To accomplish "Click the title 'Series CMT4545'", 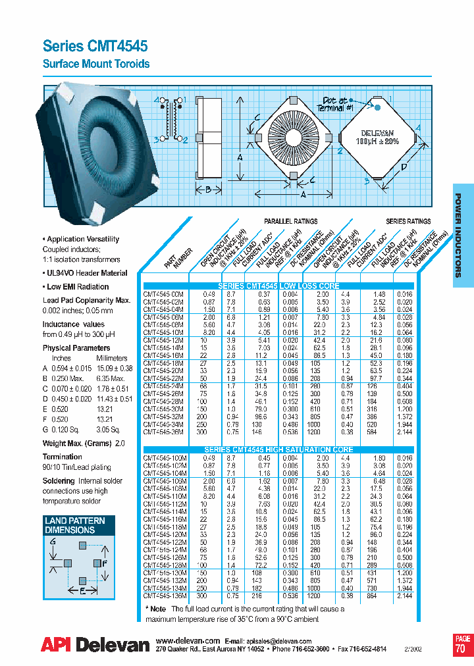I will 95,45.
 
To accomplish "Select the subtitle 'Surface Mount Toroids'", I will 96,64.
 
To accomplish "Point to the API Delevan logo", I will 95,645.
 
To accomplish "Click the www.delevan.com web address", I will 188,641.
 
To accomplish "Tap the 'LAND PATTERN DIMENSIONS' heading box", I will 74,525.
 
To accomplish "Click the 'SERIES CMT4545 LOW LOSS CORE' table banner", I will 278,286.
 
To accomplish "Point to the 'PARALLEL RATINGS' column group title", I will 290,222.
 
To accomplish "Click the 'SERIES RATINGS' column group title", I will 408,222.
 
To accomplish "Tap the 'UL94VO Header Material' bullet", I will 86,272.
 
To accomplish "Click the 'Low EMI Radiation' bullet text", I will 78,286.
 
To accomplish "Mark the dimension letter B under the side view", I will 207,191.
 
